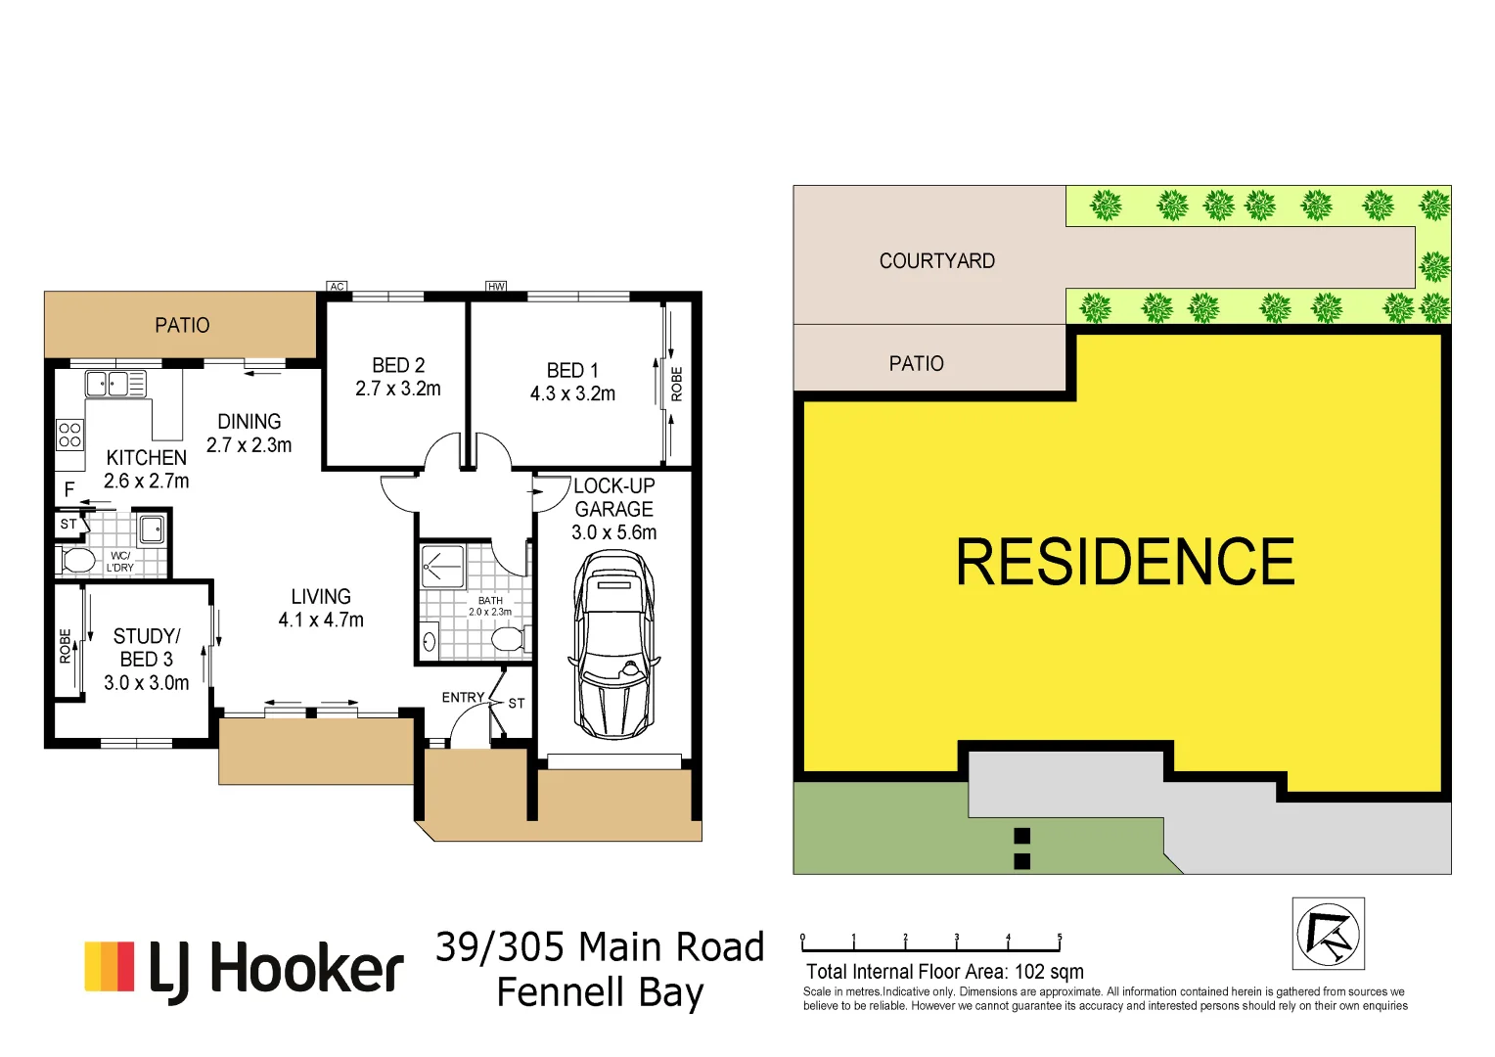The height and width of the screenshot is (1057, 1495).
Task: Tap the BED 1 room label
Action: pos(572,371)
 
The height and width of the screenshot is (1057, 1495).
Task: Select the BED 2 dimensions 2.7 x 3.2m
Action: pos(397,389)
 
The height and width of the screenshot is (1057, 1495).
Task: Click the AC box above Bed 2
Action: pos(337,287)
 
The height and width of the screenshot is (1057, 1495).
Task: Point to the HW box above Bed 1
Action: pos(496,287)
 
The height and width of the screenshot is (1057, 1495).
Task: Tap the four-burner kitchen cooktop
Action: pos(69,435)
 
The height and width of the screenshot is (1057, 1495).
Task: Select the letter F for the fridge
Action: pos(69,489)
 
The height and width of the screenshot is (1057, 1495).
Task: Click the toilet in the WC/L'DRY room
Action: pos(77,561)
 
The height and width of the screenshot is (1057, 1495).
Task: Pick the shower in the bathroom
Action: pos(442,566)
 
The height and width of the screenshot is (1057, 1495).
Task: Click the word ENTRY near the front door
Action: pos(463,698)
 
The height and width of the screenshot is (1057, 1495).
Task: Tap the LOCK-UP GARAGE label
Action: pos(613,497)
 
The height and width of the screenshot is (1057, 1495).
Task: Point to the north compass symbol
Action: pos(1328,934)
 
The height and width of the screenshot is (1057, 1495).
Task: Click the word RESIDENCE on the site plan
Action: pos(1124,563)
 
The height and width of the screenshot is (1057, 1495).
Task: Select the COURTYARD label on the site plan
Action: pos(936,261)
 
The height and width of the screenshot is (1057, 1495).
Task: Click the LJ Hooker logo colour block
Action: pos(109,967)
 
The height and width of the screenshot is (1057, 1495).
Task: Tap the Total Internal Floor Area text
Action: pos(944,972)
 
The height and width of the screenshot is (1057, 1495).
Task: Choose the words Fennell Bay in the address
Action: pos(600,992)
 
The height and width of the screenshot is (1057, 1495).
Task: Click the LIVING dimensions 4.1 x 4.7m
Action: pos(321,620)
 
